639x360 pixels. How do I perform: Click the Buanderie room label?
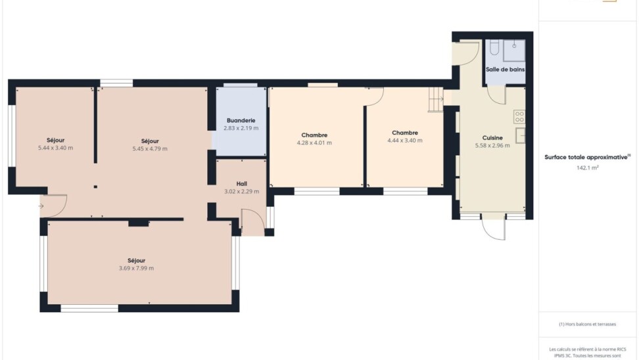coord(241,120)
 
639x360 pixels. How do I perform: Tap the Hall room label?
coord(242,184)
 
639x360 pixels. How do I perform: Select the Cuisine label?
coord(492,138)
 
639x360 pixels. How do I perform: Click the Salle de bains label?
coord(505,69)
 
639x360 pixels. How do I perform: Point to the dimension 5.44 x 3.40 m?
coord(55,148)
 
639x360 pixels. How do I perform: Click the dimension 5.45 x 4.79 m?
coord(150,148)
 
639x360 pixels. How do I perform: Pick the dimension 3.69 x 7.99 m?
coord(136,268)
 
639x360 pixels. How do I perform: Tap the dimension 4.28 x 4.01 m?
coord(314,143)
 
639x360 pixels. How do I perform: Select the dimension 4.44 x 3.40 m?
coord(405,140)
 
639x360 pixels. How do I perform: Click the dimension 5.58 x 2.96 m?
coord(492,145)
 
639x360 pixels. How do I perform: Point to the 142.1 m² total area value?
coord(587,168)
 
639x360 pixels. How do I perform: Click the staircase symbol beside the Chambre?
coord(435,99)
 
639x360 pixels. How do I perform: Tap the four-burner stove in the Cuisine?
coord(519,117)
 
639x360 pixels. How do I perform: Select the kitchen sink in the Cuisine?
coord(521,135)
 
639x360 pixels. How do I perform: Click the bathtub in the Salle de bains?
coord(494,47)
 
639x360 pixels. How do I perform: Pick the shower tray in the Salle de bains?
coord(514,51)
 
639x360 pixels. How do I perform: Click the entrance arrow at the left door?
coord(41,206)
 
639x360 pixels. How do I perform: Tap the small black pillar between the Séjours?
coord(95,187)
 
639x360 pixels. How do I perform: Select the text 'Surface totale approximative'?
coord(586,157)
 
